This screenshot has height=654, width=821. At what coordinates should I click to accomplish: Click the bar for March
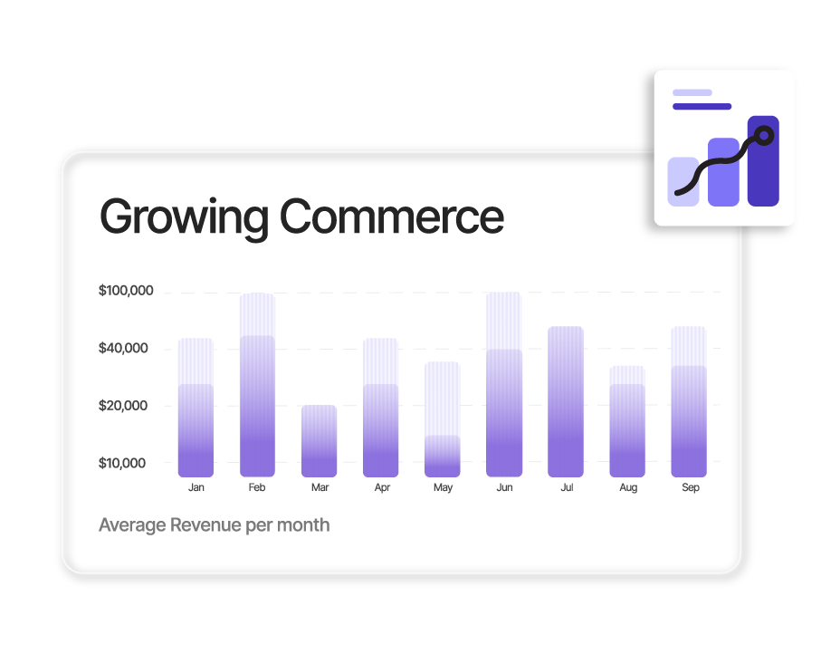coord(319,441)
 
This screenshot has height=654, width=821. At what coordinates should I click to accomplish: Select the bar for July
coord(566,401)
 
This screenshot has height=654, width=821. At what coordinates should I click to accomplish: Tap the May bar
coord(443,419)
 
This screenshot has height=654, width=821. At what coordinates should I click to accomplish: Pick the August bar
coord(627,421)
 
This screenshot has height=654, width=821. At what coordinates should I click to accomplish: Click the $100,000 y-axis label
coord(126,291)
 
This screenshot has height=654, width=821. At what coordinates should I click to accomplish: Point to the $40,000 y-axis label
coord(123,348)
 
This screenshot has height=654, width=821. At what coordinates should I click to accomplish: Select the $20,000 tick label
coord(123,406)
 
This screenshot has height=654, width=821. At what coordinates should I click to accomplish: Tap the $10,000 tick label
coord(122,463)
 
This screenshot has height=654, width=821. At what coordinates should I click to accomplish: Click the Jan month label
coord(196,487)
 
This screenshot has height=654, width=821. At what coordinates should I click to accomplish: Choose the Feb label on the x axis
coord(257,487)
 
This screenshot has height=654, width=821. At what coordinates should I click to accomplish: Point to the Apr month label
coord(382,488)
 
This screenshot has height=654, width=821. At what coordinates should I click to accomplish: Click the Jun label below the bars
coord(504,487)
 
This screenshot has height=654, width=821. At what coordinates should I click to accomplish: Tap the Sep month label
coord(690,488)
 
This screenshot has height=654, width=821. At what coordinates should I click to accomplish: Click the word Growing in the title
coord(184,218)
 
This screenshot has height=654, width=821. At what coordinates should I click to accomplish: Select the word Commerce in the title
coord(392,216)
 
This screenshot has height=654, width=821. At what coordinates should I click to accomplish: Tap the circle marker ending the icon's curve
coord(764,136)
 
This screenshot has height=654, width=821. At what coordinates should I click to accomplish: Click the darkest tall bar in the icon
coord(763,161)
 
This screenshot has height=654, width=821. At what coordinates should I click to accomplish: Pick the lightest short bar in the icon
coord(683,181)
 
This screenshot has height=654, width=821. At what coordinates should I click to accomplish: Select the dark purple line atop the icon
coord(702,106)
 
